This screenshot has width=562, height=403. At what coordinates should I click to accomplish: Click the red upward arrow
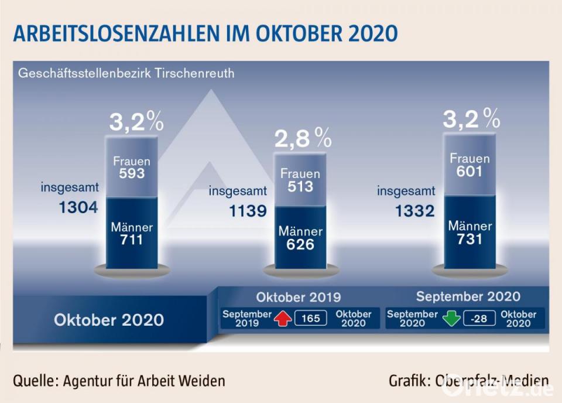coord(283,319)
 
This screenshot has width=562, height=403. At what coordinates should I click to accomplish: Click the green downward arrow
coord(451,319)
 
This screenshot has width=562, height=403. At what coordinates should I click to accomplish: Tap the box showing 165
coord(310,319)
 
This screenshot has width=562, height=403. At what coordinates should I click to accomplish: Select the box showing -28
coord(478,319)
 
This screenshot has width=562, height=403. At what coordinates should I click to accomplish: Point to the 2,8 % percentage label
coord(303,139)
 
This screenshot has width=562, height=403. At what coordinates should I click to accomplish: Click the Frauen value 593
coord(131,173)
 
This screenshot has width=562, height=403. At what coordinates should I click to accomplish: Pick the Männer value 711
coord(131,239)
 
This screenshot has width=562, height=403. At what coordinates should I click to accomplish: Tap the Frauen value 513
coord(300,186)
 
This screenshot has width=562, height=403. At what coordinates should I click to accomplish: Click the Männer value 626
coord(300,244)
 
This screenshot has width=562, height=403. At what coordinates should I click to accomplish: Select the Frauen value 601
coord(470,171)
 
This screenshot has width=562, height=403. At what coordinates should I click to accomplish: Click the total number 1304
coord(78,207)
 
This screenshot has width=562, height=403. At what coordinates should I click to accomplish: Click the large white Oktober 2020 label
coord(109,320)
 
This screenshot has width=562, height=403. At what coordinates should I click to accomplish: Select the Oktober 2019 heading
coord(299,296)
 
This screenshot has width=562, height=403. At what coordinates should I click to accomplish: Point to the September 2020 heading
coord(468,296)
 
